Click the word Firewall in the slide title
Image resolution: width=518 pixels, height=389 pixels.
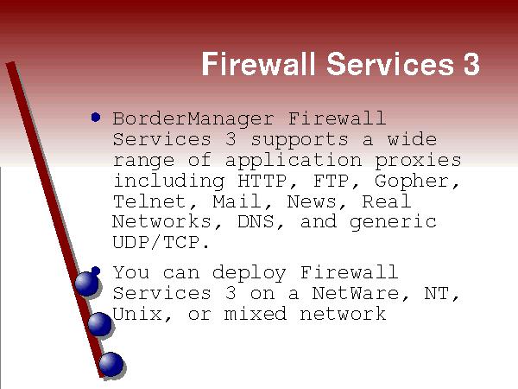click(x=258, y=63)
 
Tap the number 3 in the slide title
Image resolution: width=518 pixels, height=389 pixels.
click(x=471, y=63)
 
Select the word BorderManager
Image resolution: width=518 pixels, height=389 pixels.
click(x=193, y=119)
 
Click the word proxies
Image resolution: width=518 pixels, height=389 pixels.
click(x=418, y=161)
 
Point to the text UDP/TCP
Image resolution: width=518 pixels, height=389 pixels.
click(x=161, y=243)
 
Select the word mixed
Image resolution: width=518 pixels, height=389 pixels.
click(x=255, y=315)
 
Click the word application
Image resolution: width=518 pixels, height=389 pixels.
click(x=294, y=161)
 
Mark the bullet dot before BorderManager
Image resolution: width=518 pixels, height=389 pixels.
click(x=96, y=117)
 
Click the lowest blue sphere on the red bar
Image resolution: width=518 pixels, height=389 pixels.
click(x=111, y=364)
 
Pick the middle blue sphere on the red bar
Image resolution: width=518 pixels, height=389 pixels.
click(x=100, y=324)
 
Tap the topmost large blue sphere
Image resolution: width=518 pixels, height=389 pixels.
click(x=86, y=284)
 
